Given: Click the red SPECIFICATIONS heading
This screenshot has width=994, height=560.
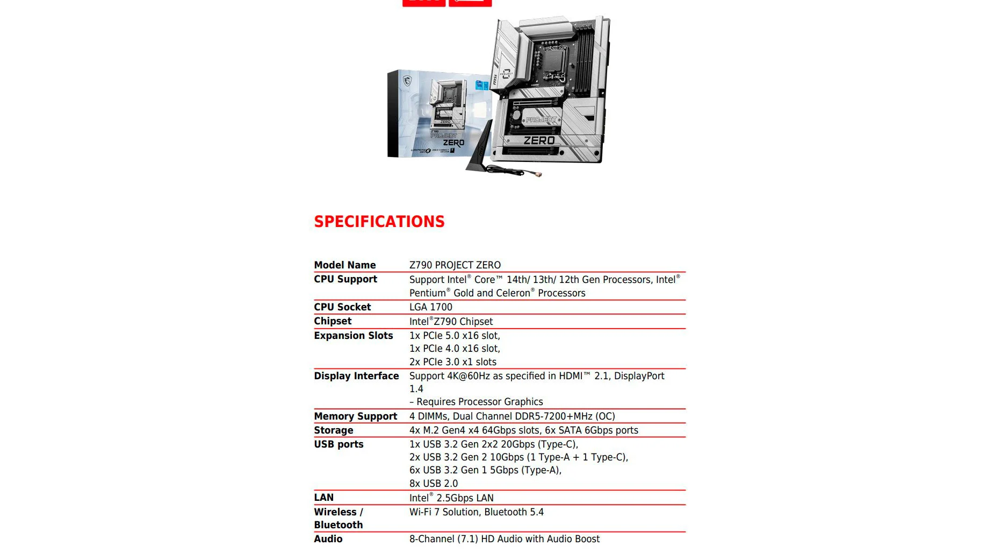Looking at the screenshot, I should (379, 222).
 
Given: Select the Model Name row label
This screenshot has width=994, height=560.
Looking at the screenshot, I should (344, 265).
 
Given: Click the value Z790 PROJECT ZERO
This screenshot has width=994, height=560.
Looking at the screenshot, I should (455, 265).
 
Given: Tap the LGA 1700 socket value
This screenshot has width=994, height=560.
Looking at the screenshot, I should (430, 307).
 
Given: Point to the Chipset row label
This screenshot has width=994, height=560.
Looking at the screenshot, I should (333, 321).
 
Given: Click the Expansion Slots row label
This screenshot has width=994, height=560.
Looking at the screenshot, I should (353, 336).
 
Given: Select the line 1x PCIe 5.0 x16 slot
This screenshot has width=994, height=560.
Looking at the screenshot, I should (454, 336).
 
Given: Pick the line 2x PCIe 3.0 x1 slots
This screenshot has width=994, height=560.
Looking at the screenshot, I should (452, 362).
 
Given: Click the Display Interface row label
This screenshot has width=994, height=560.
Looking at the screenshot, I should (356, 376).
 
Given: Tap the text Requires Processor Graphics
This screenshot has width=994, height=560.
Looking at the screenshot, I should (479, 402).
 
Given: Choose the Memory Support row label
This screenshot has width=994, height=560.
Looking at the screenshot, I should (355, 416).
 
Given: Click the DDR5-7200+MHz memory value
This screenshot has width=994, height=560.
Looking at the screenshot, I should (553, 416).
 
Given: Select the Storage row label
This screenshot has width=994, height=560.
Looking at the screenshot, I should (333, 430).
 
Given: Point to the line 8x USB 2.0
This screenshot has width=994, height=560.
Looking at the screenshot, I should (433, 484).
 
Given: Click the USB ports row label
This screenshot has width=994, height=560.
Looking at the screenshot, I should (338, 444).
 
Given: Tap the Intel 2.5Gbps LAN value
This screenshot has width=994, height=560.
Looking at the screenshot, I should (451, 498).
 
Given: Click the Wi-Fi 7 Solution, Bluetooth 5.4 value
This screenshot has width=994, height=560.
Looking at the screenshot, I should (476, 512).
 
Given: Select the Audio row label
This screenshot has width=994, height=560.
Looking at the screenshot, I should (328, 539).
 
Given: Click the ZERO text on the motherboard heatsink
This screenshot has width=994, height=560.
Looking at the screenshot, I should (539, 140).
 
